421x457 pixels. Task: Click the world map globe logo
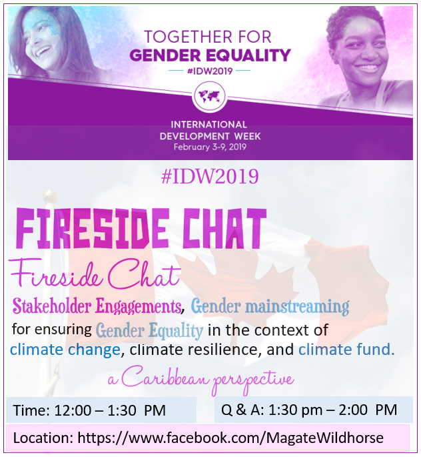click(209, 97)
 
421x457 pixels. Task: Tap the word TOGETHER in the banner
click(189, 37)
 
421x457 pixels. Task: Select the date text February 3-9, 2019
click(210, 147)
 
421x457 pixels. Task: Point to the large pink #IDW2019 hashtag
click(210, 176)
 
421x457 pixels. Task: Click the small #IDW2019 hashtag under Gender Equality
click(210, 71)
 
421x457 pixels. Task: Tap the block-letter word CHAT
click(224, 228)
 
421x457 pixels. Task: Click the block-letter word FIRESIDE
click(92, 228)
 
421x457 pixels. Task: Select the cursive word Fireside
click(56, 274)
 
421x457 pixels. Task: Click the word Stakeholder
click(52, 306)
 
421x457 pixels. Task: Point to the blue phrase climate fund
click(346, 349)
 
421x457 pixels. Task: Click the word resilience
click(222, 349)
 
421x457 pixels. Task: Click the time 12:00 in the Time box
click(73, 410)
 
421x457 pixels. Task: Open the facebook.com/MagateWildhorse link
click(230, 438)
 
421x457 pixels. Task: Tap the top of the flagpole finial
click(51, 191)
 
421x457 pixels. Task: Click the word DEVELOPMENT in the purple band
click(195, 136)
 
